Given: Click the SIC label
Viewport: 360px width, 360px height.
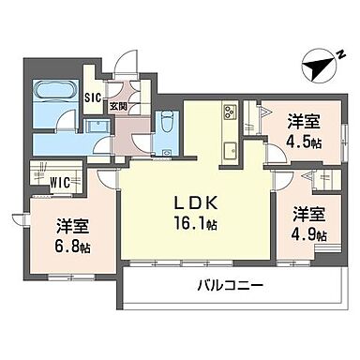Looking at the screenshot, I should [95, 97].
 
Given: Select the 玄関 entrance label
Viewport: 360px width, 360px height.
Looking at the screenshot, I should [119, 105].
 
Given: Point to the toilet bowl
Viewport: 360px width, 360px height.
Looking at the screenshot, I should [165, 122].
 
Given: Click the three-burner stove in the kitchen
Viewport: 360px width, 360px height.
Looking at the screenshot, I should [230, 116].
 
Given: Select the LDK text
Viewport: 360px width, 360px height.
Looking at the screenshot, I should [196, 203].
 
